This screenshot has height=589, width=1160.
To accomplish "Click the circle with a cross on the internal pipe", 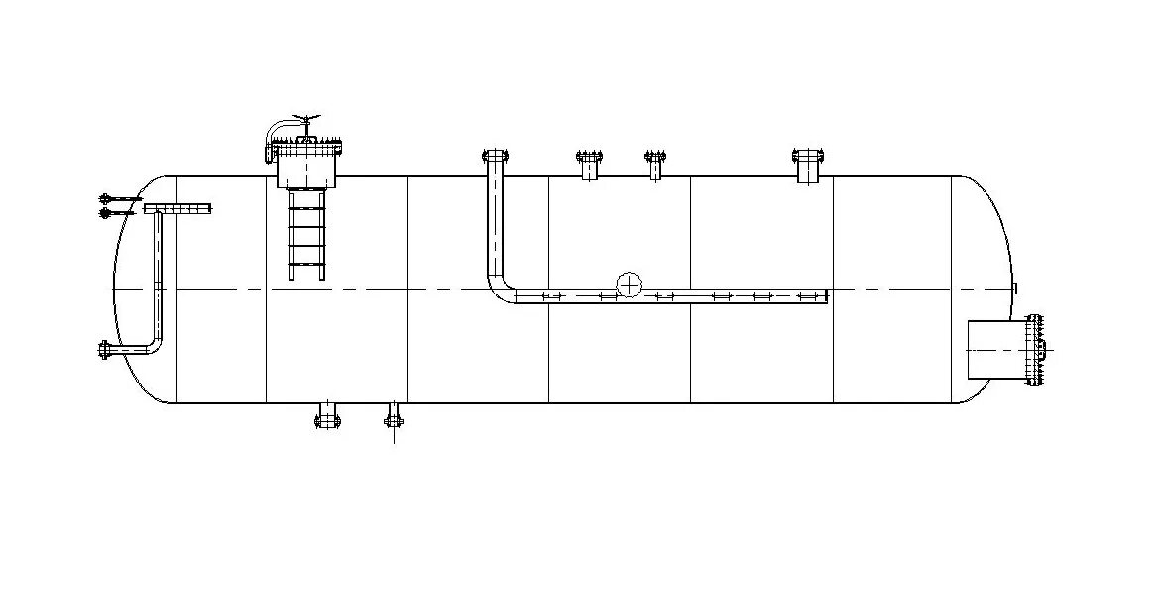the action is [x=629, y=285].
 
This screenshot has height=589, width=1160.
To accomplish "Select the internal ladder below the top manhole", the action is [x=307, y=235].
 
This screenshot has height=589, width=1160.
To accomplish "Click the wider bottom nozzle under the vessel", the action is [x=327, y=415].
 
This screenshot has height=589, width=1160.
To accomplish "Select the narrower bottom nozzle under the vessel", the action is [x=394, y=415].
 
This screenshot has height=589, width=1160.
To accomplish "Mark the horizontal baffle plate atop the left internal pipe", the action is [x=177, y=208].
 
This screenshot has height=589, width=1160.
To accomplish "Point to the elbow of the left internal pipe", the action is [x=153, y=343].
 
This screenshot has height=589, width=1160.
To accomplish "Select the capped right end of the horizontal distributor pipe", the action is [x=825, y=295].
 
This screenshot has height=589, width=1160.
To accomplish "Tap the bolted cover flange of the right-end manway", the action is [x=1034, y=350].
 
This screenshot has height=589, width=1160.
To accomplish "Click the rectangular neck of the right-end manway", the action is [x=996, y=350].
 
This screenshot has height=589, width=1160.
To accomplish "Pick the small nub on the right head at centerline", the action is [x=1014, y=289].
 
